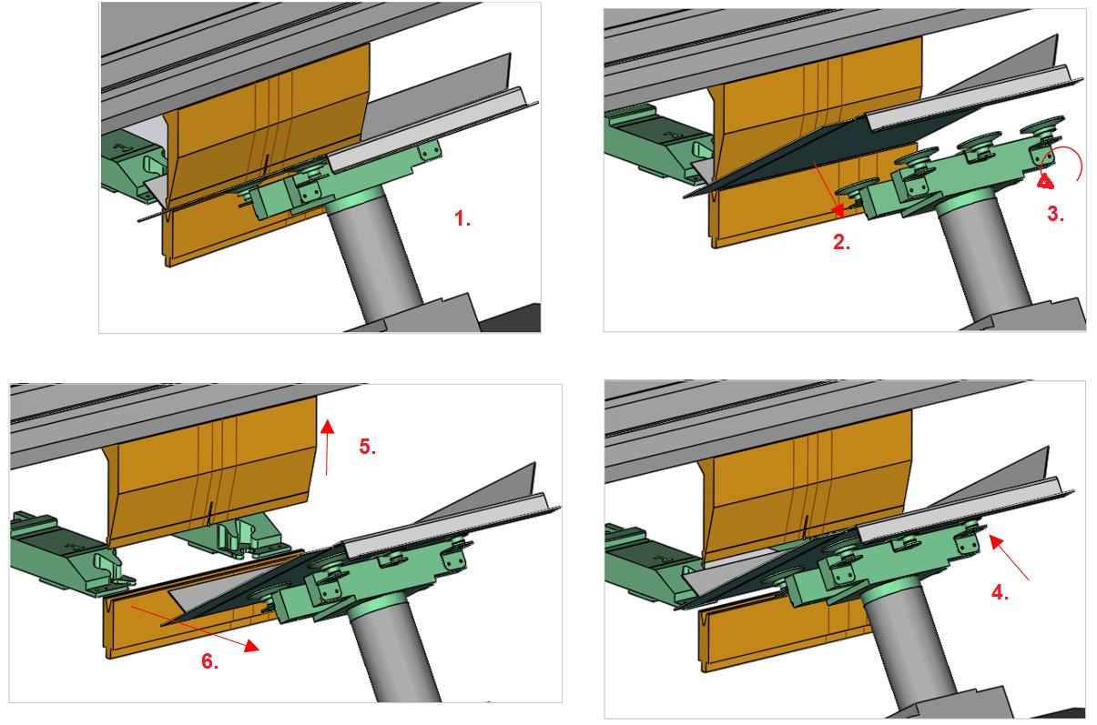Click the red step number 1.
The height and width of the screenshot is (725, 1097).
tap(462, 218)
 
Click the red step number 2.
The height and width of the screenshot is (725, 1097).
tap(841, 242)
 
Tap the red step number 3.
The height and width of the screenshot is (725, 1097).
tap(1055, 214)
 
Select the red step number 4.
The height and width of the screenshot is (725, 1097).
tap(1000, 592)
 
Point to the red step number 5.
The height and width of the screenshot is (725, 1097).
tap(367, 446)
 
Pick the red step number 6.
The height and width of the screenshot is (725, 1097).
tap(209, 661)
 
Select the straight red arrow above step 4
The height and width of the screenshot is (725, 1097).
tap(1009, 558)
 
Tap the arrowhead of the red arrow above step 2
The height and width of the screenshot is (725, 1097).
tap(838, 211)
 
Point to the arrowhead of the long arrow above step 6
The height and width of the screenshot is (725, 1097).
tap(251, 646)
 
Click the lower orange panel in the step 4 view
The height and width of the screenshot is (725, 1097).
tap(784, 636)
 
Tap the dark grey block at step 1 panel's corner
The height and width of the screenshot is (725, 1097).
tap(512, 318)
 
